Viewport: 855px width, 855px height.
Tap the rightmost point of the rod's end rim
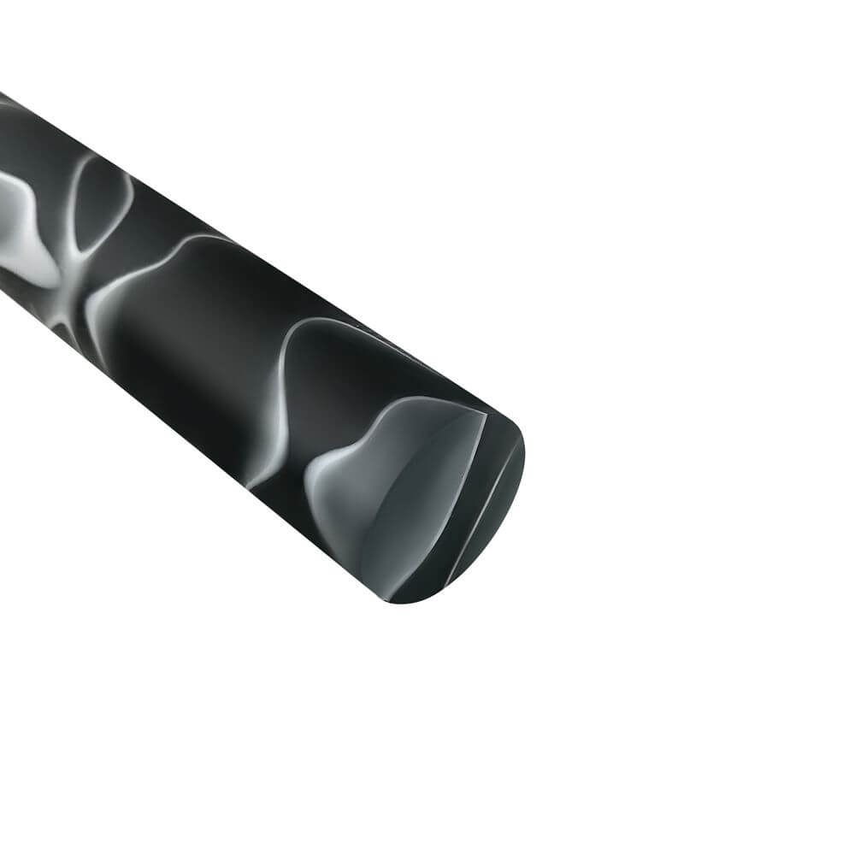click(x=523, y=462)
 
